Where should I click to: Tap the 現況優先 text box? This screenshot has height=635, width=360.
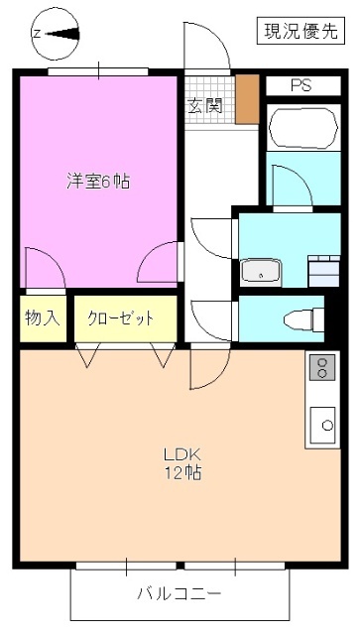pos(297,31)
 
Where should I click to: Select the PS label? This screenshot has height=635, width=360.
pos(300,85)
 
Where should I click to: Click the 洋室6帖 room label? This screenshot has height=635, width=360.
pos(99,182)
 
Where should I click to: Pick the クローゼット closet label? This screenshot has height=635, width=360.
pos(121,318)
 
